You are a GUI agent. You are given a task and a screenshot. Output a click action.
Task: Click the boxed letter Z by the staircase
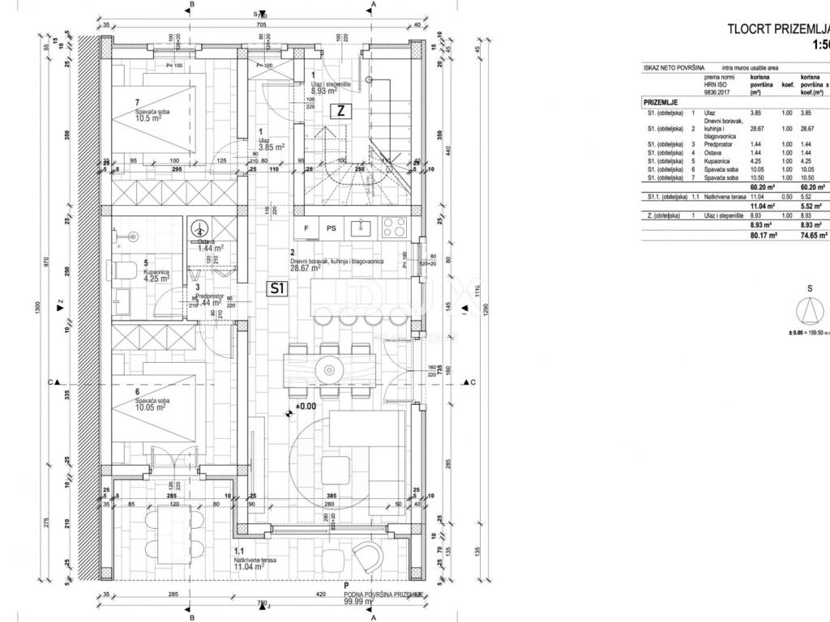coord(341,113)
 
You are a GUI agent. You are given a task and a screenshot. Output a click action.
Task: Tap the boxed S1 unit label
coord(277,288)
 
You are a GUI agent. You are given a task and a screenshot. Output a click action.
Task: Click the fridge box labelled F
coord(306,228)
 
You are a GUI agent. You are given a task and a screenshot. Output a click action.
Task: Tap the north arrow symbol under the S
coord(809,310)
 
